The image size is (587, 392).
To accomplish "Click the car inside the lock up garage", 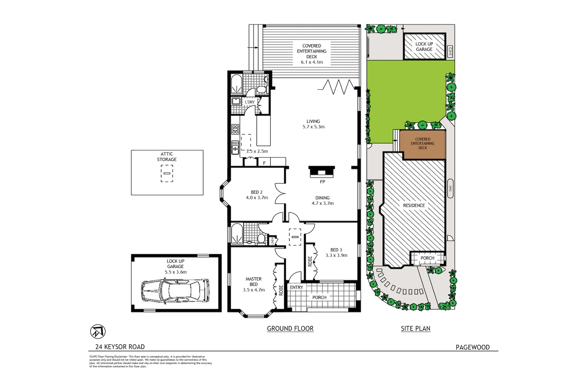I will click(x=175, y=291).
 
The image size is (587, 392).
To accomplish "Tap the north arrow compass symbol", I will click(x=97, y=331).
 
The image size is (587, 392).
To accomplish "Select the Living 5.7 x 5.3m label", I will click(x=313, y=124).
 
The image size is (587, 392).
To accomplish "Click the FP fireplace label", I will click(x=322, y=181).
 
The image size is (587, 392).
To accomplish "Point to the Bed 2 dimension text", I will click(x=257, y=198).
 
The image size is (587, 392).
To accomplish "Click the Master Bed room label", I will click(x=254, y=282).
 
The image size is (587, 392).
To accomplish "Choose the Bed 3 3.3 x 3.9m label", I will click(x=336, y=253).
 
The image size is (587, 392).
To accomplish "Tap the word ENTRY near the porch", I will click(x=296, y=287).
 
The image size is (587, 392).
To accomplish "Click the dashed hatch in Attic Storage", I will click(x=167, y=173).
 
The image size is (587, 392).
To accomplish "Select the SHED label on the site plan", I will click(x=450, y=51).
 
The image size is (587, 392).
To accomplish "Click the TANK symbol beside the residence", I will click(x=450, y=189).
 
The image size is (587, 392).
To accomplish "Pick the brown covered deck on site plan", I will click(x=422, y=144).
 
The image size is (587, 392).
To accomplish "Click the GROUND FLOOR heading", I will click(x=290, y=328).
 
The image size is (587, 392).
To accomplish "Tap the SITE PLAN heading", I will click(x=415, y=328).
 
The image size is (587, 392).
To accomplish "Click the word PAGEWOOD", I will click(x=472, y=347).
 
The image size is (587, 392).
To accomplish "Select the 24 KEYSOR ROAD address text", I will click(x=120, y=347).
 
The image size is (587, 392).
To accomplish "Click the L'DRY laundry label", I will click(x=250, y=102).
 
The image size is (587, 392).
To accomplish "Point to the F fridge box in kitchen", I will click(x=264, y=163).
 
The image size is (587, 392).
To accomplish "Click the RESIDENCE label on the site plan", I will click(x=414, y=205).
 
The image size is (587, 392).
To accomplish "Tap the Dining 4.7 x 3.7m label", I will click(x=322, y=201).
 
